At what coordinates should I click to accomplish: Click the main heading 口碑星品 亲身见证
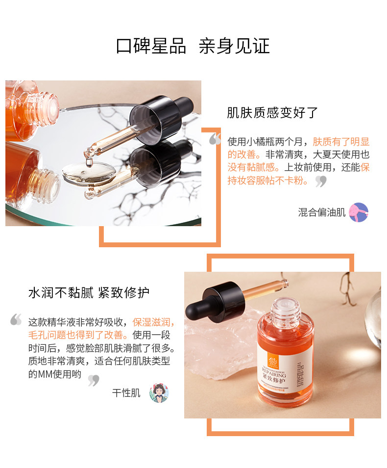193,46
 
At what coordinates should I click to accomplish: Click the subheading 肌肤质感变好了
272,113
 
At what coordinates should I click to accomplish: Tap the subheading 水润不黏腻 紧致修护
89,293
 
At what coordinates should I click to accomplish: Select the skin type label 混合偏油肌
322,212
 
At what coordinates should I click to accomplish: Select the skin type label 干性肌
126,393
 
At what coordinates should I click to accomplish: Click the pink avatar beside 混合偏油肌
359,212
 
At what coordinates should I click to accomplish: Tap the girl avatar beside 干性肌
159,393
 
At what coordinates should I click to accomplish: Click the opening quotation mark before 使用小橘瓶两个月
215,140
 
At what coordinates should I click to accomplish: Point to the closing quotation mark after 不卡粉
321,182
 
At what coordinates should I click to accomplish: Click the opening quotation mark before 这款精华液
16,320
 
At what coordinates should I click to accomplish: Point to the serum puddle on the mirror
88,173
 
